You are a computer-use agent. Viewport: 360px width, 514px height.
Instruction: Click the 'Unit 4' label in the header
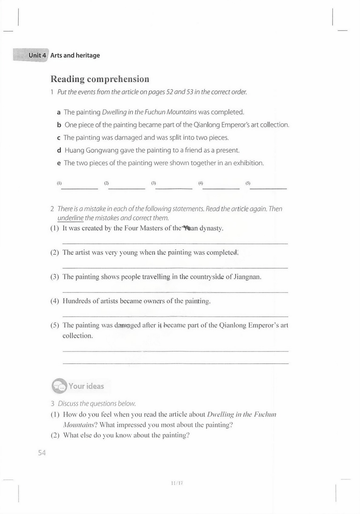pyautogui.click(x=37, y=55)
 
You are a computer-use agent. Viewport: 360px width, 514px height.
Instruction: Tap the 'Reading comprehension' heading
pyautogui.click(x=100, y=79)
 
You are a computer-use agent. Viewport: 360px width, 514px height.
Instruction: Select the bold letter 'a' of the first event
pyautogui.click(x=59, y=112)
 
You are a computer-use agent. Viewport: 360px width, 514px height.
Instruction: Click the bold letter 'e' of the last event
pyautogui.click(x=59, y=163)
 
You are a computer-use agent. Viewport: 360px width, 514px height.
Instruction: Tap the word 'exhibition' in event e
pyautogui.click(x=248, y=163)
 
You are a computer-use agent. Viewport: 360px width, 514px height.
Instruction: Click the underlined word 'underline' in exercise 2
pyautogui.click(x=70, y=218)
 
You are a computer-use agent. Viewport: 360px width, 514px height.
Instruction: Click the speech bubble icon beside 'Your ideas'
pyautogui.click(x=59, y=386)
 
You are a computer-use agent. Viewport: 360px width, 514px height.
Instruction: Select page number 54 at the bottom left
pyautogui.click(x=42, y=453)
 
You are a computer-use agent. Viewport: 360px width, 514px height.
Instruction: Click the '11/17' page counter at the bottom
pyautogui.click(x=177, y=483)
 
